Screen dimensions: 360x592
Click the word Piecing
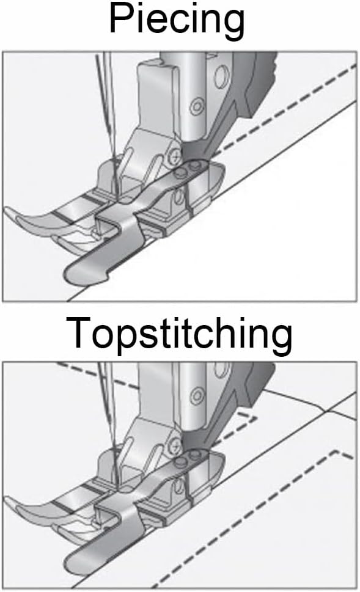pos(177,20)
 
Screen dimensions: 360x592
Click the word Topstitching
pos(179,334)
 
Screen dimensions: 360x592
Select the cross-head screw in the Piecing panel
pos(175,154)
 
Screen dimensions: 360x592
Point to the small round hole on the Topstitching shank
pos(197,396)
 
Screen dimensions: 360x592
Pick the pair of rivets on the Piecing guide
pos(187,169)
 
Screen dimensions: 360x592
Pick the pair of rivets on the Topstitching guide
pos(187,458)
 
